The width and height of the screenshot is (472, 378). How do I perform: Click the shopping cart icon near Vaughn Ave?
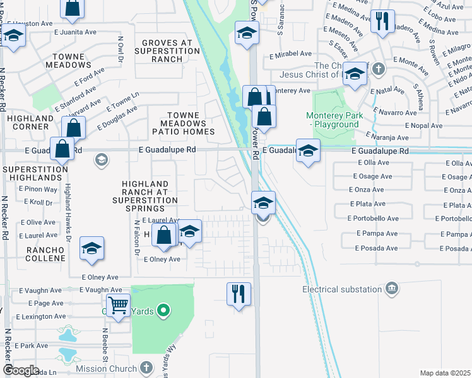click(118, 306)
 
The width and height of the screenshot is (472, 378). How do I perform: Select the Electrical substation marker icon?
click(392, 289)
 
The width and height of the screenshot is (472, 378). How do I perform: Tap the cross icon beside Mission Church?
click(146, 367)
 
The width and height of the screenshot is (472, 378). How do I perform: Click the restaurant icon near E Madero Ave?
click(382, 21)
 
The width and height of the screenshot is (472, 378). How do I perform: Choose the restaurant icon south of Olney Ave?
click(239, 293)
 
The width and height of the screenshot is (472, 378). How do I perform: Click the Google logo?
click(21, 370)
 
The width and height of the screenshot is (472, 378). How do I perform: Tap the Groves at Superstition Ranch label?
click(167, 50)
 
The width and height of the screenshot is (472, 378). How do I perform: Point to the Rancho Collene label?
click(45, 255)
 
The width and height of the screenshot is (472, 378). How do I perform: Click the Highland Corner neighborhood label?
click(30, 122)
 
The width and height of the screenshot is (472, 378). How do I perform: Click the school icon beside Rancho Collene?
click(91, 248)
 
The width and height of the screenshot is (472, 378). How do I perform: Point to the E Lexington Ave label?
click(42, 317)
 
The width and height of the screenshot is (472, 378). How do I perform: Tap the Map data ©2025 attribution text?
click(445, 373)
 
